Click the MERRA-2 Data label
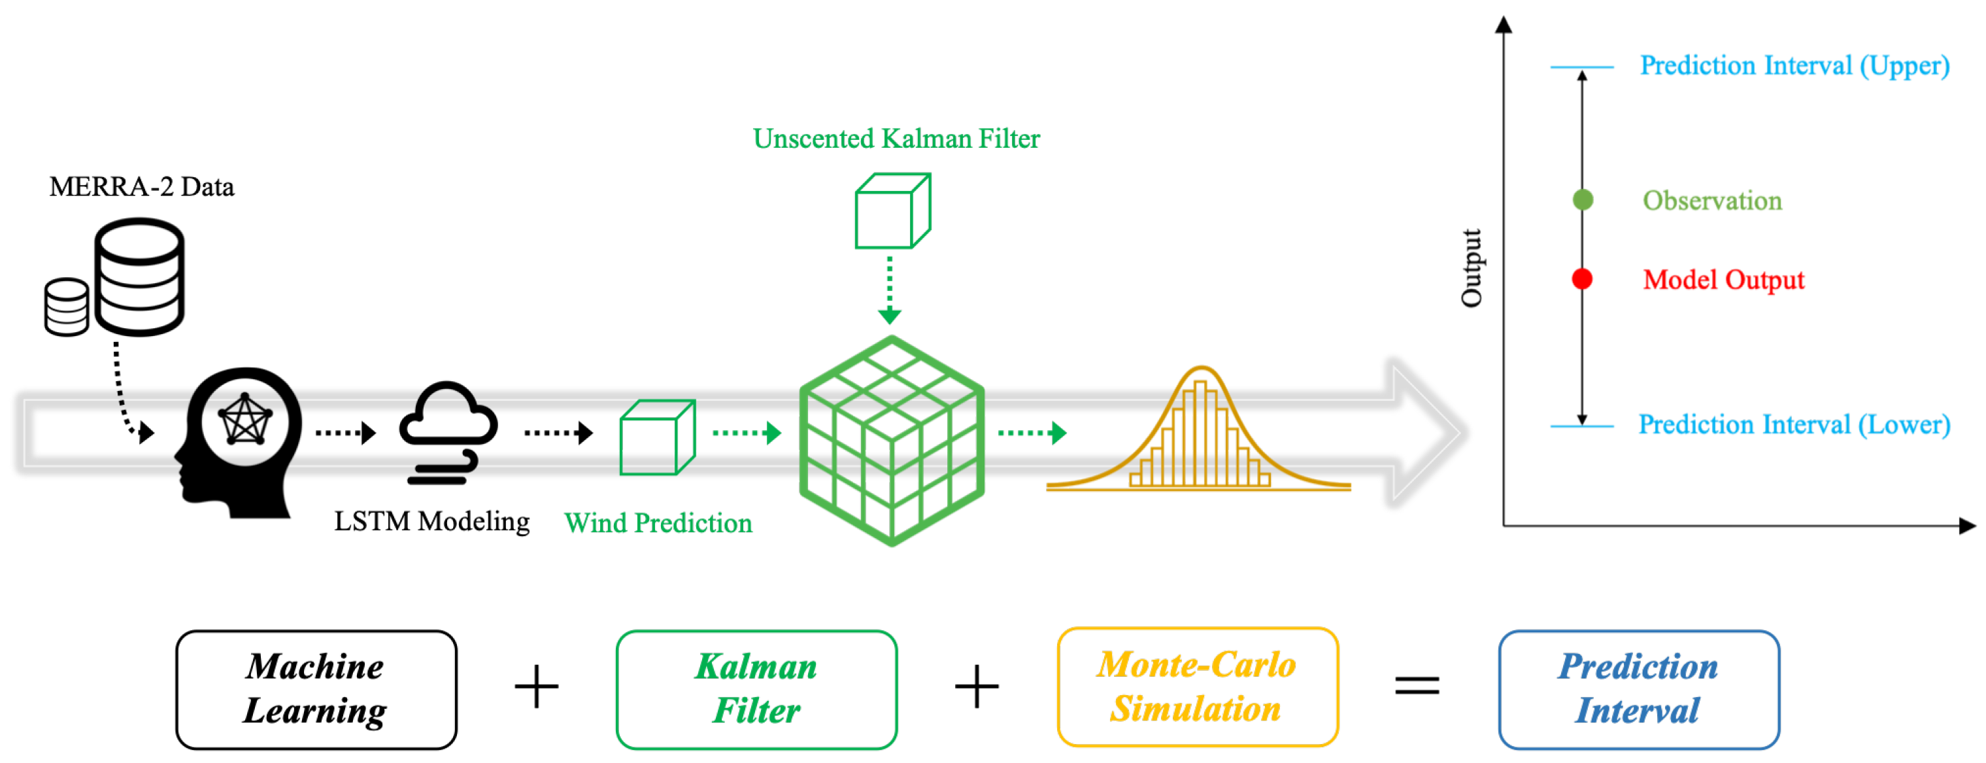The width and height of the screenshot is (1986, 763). click(x=141, y=186)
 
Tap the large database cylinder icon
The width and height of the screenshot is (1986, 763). click(x=139, y=276)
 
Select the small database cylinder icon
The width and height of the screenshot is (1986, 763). click(x=66, y=307)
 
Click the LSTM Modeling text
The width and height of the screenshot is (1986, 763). click(x=431, y=522)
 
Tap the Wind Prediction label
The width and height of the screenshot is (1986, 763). click(x=658, y=523)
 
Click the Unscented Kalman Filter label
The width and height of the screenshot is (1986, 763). click(x=896, y=139)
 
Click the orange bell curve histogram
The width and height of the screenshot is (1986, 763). click(x=1200, y=432)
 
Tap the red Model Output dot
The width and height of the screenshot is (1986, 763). click(x=1582, y=279)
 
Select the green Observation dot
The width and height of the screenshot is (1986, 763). click(x=1582, y=200)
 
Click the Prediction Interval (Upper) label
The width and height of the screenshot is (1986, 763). click(x=1794, y=66)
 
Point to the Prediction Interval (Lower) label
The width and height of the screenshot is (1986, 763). click(x=1794, y=425)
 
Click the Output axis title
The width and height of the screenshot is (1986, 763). click(x=1472, y=267)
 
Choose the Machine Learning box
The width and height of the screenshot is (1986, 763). click(x=316, y=689)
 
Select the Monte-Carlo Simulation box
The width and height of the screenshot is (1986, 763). click(x=1198, y=687)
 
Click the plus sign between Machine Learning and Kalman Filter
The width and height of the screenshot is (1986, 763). click(x=537, y=686)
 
